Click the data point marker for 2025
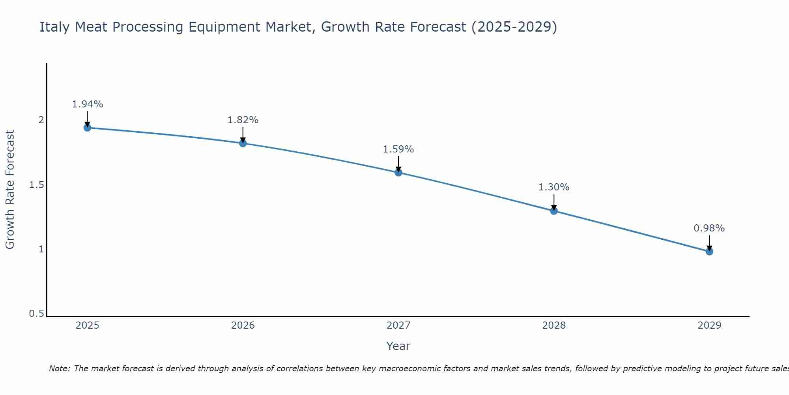[87, 128]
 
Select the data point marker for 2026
[243, 143]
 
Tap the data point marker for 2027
[398, 172]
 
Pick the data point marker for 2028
[554, 211]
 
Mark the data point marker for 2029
[709, 251]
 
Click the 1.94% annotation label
[87, 104]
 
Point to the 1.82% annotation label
[243, 120]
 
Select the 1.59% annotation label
[398, 149]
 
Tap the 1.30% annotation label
[554, 187]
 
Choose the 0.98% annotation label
[709, 228]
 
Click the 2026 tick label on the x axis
[243, 325]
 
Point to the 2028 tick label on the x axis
[554, 325]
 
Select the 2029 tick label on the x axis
[709, 325]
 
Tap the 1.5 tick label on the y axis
[36, 185]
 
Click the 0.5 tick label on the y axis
[36, 314]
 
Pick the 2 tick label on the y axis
[41, 120]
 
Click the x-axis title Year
[398, 346]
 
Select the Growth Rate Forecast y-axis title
[10, 190]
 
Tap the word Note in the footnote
[59, 369]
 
